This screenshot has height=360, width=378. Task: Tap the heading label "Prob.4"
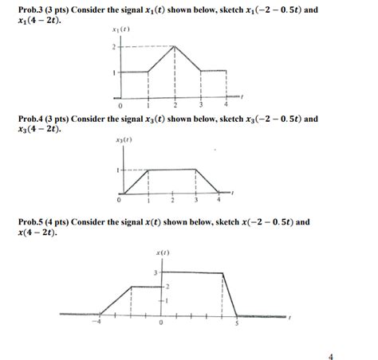click(x=20, y=118)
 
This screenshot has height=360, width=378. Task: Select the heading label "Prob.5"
click(x=20, y=222)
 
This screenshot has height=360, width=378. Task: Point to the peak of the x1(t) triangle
click(x=175, y=46)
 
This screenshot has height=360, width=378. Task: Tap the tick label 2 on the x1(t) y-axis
click(x=114, y=46)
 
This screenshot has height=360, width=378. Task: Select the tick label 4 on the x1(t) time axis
click(x=227, y=104)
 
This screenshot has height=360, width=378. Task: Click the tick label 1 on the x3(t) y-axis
click(x=117, y=170)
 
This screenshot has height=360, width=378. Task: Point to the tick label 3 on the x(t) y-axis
click(x=155, y=273)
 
